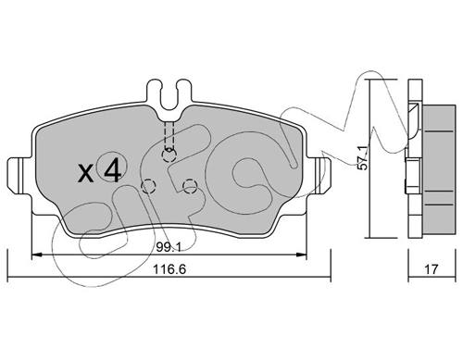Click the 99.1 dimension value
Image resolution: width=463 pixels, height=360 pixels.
click(169, 247)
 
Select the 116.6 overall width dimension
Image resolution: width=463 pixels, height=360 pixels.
click(169, 269)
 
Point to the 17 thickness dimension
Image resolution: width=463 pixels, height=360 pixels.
click(432, 269)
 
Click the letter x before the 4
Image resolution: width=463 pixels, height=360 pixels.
click(86, 173)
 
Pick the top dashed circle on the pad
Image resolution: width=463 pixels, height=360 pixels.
click(169, 155)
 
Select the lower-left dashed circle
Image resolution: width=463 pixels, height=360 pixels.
click(148, 186)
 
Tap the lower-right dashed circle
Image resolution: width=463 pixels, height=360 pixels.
click(190, 186)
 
